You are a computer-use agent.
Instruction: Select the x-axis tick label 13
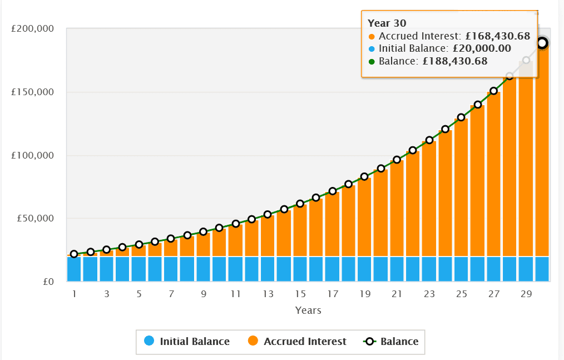coord(268,294)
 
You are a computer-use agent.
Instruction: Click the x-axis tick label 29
coord(526,294)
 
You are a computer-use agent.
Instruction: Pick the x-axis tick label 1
coord(74,294)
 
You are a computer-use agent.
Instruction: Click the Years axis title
coord(308,310)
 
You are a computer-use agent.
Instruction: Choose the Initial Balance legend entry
coord(187,341)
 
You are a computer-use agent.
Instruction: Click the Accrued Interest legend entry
coord(297,341)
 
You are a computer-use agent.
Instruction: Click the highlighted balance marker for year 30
coord(542,43)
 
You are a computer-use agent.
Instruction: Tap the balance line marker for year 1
coord(74,254)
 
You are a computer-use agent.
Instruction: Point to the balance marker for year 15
coord(300,204)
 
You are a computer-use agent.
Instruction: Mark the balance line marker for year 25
coord(461,117)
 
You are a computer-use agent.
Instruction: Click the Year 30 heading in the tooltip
coord(387,23)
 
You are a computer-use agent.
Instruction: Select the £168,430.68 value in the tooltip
coord(498,36)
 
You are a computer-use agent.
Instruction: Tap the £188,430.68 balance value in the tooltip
coord(455,61)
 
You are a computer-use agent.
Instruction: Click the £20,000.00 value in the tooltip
coord(482,48)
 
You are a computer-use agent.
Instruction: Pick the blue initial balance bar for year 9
coord(204,269)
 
